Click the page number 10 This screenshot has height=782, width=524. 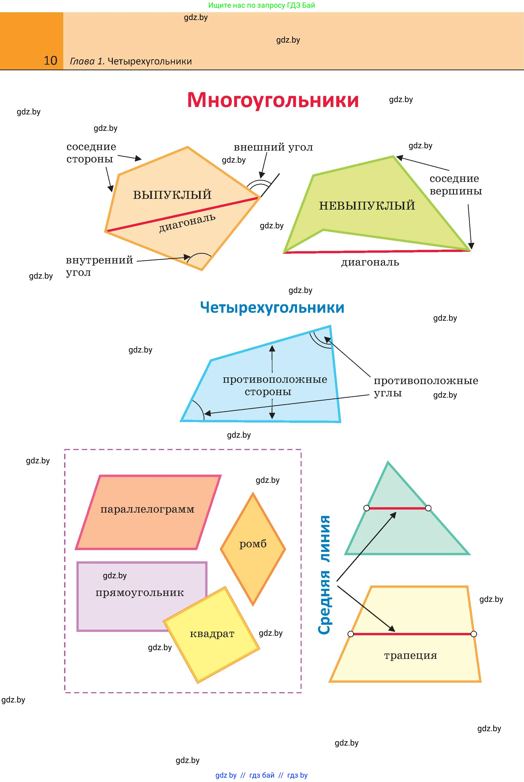51,61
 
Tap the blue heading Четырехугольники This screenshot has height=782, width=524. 272,307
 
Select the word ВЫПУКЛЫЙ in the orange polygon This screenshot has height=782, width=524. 172,195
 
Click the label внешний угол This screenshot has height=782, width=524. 273,147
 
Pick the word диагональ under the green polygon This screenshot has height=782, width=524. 370,262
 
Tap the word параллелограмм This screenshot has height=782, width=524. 147,509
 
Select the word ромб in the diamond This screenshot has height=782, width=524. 253,544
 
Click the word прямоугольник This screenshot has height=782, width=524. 140,593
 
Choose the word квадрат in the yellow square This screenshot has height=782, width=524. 212,634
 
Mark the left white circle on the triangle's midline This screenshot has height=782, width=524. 367,508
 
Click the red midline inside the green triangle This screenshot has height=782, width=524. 397,508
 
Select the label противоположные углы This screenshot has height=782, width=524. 426,387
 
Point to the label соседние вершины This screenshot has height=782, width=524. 456,185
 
